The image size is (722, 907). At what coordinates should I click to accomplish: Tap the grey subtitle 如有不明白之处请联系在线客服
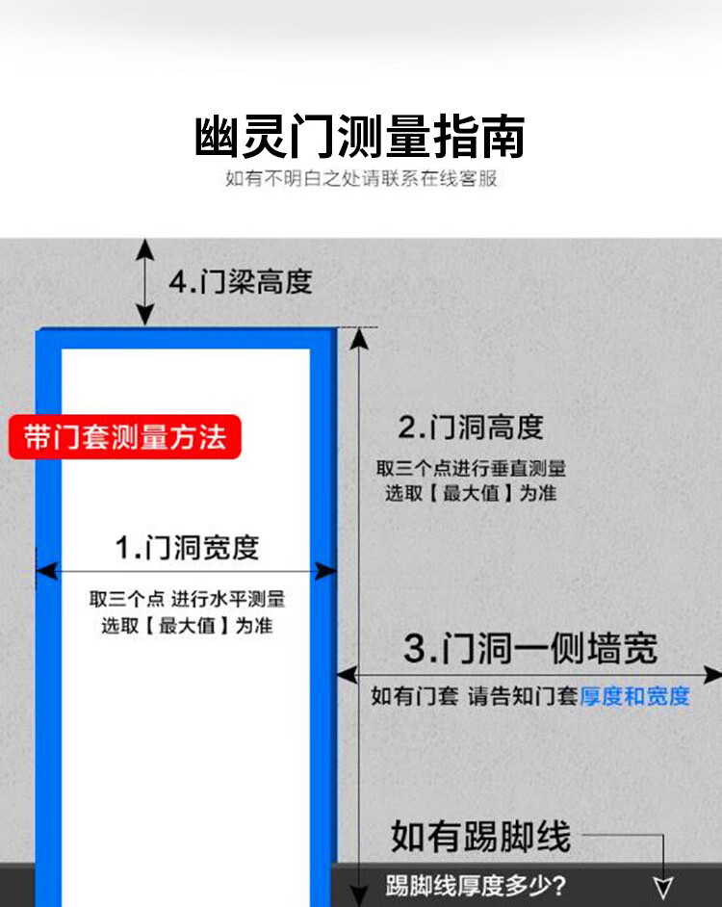click(x=361, y=179)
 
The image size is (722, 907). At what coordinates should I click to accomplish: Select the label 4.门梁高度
click(x=241, y=282)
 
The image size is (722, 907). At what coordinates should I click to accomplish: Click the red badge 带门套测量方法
click(x=125, y=437)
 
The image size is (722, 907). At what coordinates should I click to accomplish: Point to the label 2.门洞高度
click(x=471, y=427)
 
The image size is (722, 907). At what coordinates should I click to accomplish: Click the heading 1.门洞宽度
click(x=187, y=548)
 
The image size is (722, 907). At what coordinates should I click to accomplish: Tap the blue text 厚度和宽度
click(x=634, y=696)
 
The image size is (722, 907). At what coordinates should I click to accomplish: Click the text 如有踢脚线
click(x=480, y=836)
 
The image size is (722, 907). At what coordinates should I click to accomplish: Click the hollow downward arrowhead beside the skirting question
click(x=663, y=887)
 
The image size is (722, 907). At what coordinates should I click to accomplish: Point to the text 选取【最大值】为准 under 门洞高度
click(x=471, y=493)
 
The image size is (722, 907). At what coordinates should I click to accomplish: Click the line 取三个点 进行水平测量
click(x=188, y=599)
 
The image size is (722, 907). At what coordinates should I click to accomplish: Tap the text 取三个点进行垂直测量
click(x=471, y=469)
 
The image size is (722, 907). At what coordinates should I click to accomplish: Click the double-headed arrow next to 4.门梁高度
click(x=144, y=282)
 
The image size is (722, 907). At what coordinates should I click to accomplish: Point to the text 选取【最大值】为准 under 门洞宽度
click(x=188, y=625)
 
